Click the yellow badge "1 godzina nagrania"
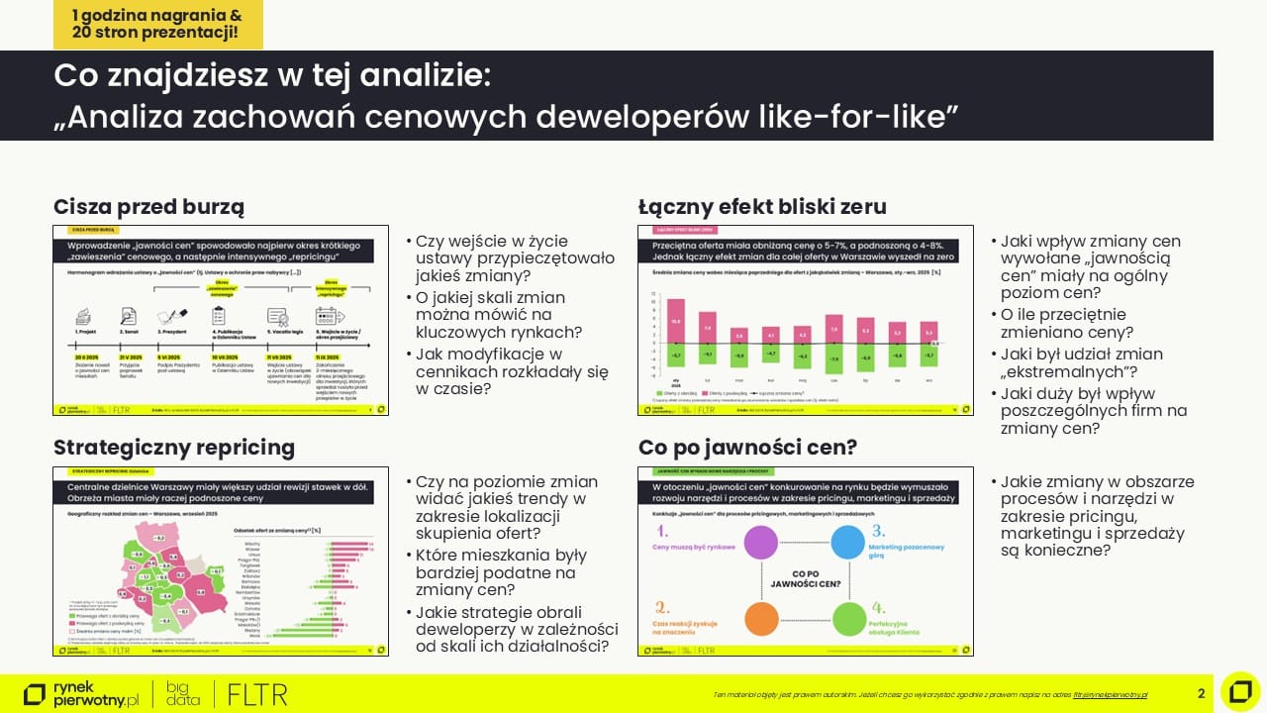(x=157, y=24)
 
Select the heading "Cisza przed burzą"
(x=148, y=206)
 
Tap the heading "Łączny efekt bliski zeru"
(x=762, y=206)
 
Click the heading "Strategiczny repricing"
(x=174, y=448)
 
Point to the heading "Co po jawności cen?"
(x=747, y=448)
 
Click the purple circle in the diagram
(x=760, y=543)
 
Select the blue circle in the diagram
(x=848, y=543)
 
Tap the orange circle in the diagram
(x=760, y=618)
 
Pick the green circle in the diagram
(x=848, y=618)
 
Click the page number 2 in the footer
(x=1201, y=693)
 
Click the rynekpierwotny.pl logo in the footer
(x=81, y=693)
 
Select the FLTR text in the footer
(x=257, y=694)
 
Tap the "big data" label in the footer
(x=183, y=693)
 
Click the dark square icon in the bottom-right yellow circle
(x=1240, y=691)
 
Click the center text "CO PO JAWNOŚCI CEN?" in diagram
(x=805, y=579)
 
